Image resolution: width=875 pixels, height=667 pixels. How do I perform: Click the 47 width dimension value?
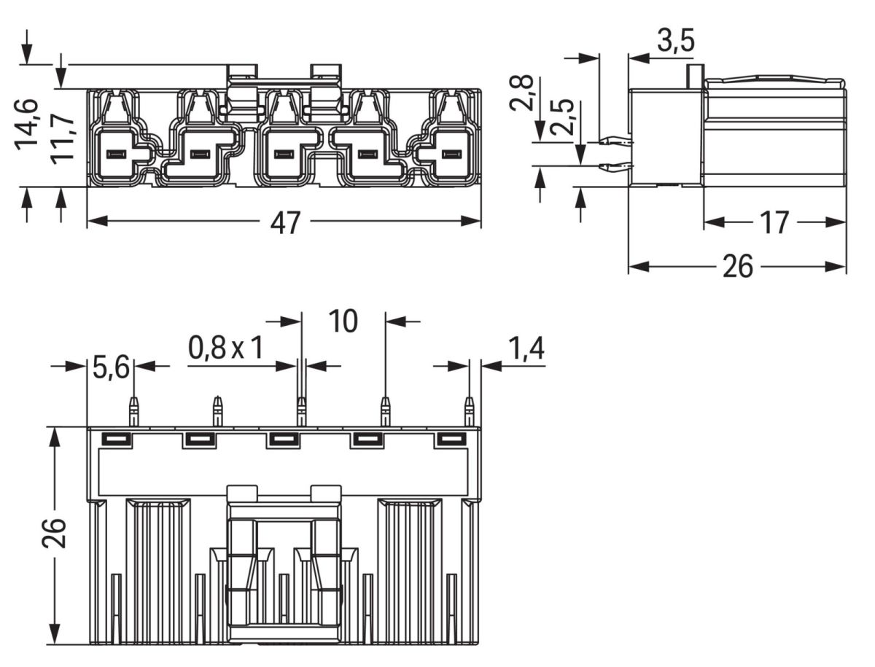[284, 223]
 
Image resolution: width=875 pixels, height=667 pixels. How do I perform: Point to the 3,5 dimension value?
[675, 42]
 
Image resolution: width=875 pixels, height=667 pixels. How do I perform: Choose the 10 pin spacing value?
[343, 321]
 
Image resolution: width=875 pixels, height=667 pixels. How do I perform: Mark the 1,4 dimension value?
[526, 350]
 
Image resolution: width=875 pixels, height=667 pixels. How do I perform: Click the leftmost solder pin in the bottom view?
[133, 412]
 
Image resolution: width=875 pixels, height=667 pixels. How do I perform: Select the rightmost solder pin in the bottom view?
[470, 412]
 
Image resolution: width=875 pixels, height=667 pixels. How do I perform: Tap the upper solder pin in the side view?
[614, 141]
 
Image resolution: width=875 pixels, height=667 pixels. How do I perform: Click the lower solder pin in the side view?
[614, 168]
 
